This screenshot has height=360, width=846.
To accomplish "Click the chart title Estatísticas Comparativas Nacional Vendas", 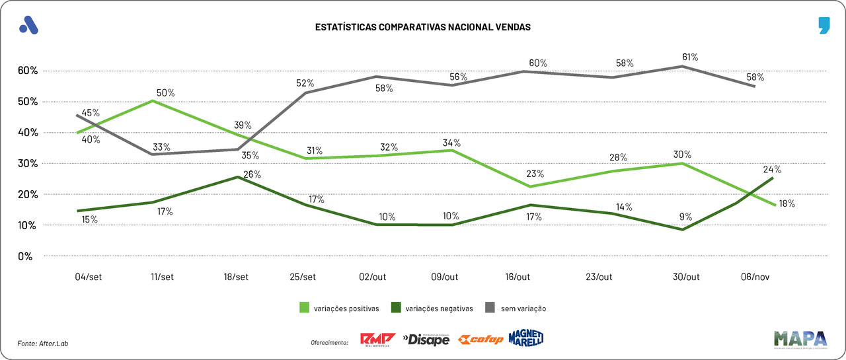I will (x=422, y=28).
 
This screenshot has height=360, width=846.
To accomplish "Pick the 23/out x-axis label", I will (x=599, y=277).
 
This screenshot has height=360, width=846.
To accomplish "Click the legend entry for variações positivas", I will (x=337, y=308).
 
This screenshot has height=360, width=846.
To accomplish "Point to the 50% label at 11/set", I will (x=165, y=92).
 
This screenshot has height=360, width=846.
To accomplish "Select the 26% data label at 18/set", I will (x=252, y=174).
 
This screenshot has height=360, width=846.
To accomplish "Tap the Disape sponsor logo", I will (x=426, y=340).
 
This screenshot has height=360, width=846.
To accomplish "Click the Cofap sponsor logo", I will (x=481, y=340).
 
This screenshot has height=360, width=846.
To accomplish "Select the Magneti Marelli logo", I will (x=526, y=338).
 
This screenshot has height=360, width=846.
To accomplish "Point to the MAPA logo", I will (x=800, y=338).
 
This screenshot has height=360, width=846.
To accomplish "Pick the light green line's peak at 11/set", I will (x=152, y=100).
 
